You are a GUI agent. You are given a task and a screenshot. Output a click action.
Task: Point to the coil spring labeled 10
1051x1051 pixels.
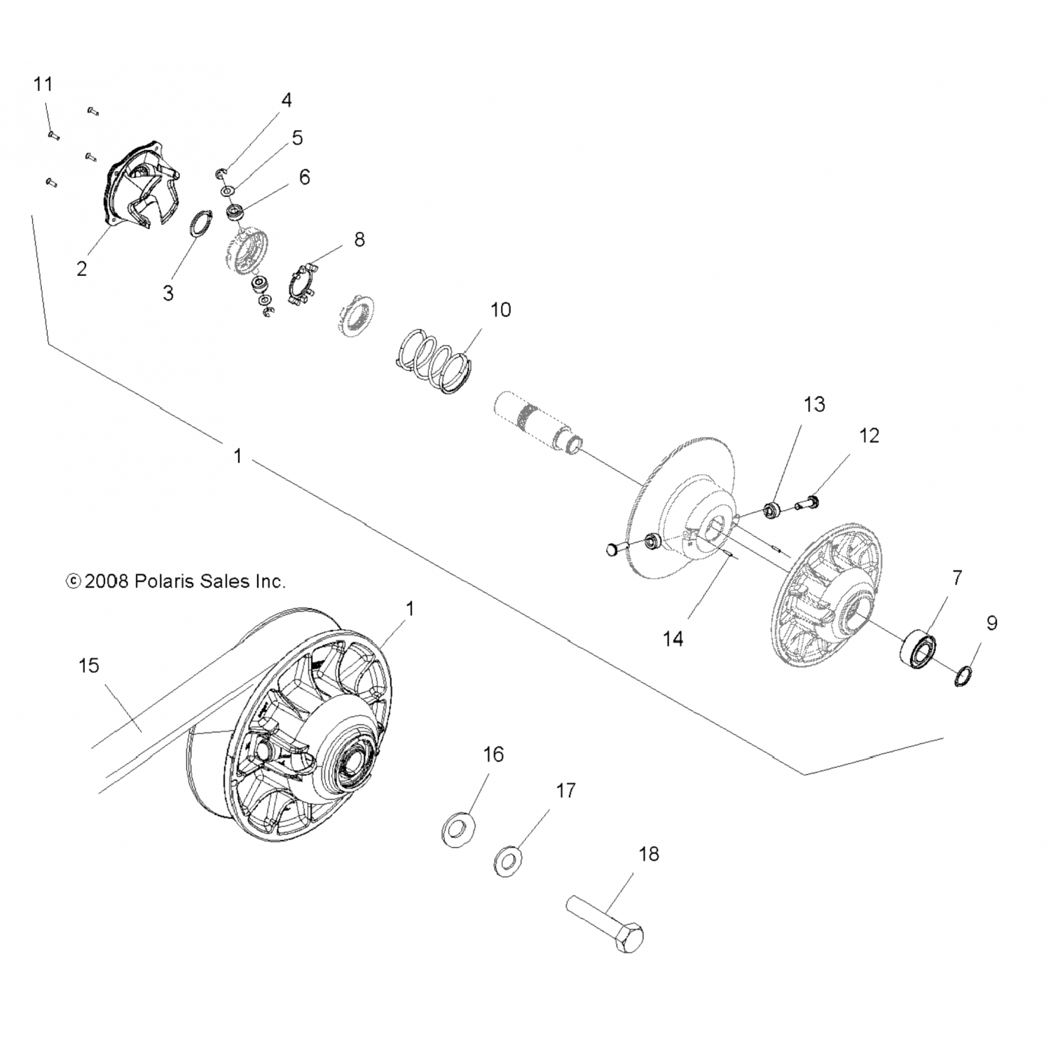pyautogui.click(x=432, y=358)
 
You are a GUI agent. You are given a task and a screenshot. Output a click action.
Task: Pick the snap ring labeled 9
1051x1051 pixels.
pyautogui.click(x=965, y=676)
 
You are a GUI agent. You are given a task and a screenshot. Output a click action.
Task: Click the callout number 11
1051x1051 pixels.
pyautogui.click(x=43, y=85)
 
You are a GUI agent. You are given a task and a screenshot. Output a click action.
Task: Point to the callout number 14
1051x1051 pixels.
pyautogui.click(x=673, y=638)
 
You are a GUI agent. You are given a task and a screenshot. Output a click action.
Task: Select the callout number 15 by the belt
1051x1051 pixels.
pyautogui.click(x=89, y=665)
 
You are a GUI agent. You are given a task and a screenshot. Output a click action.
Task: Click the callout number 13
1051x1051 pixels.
pyautogui.click(x=814, y=404)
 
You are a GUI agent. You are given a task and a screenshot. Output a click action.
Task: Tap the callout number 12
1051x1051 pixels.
pyautogui.click(x=869, y=435)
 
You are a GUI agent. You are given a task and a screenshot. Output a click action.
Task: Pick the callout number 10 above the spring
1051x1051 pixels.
pyautogui.click(x=500, y=309)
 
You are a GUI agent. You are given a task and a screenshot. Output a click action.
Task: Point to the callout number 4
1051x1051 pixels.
pyautogui.click(x=286, y=100)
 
